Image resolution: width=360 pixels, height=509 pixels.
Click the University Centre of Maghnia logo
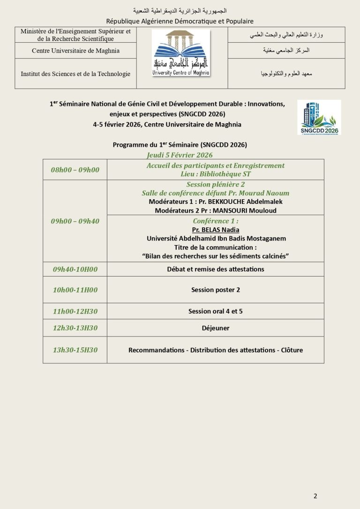click(x=181, y=53)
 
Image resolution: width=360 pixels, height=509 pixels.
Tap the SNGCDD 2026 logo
click(x=319, y=117)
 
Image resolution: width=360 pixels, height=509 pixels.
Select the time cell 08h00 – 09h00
click(x=75, y=170)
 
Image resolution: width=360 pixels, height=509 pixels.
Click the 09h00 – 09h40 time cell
click(x=75, y=221)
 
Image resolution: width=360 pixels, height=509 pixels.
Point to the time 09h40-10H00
click(x=75, y=269)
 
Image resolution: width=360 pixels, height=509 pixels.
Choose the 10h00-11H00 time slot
click(x=75, y=290)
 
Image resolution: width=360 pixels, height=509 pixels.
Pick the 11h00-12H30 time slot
click(x=75, y=311)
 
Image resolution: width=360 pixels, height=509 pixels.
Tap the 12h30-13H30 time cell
click(x=75, y=328)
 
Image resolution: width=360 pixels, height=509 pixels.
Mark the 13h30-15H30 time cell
click(x=75, y=350)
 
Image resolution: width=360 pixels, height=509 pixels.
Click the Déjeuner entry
click(x=216, y=328)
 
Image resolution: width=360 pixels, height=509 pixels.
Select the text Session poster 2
click(x=216, y=290)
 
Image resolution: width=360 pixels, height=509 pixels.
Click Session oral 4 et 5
click(x=216, y=311)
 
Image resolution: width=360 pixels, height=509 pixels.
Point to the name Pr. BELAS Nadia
click(x=216, y=230)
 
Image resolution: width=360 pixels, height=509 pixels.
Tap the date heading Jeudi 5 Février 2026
click(x=180, y=155)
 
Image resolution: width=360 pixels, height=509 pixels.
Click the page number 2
click(x=315, y=496)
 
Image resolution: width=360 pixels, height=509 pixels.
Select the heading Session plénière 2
click(x=216, y=185)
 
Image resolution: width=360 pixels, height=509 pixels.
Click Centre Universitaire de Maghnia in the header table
click(x=75, y=51)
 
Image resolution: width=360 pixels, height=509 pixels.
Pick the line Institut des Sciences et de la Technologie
click(x=75, y=74)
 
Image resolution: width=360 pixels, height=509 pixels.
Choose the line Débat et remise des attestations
click(x=216, y=269)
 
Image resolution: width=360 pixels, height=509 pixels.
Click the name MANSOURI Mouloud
click(x=250, y=210)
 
